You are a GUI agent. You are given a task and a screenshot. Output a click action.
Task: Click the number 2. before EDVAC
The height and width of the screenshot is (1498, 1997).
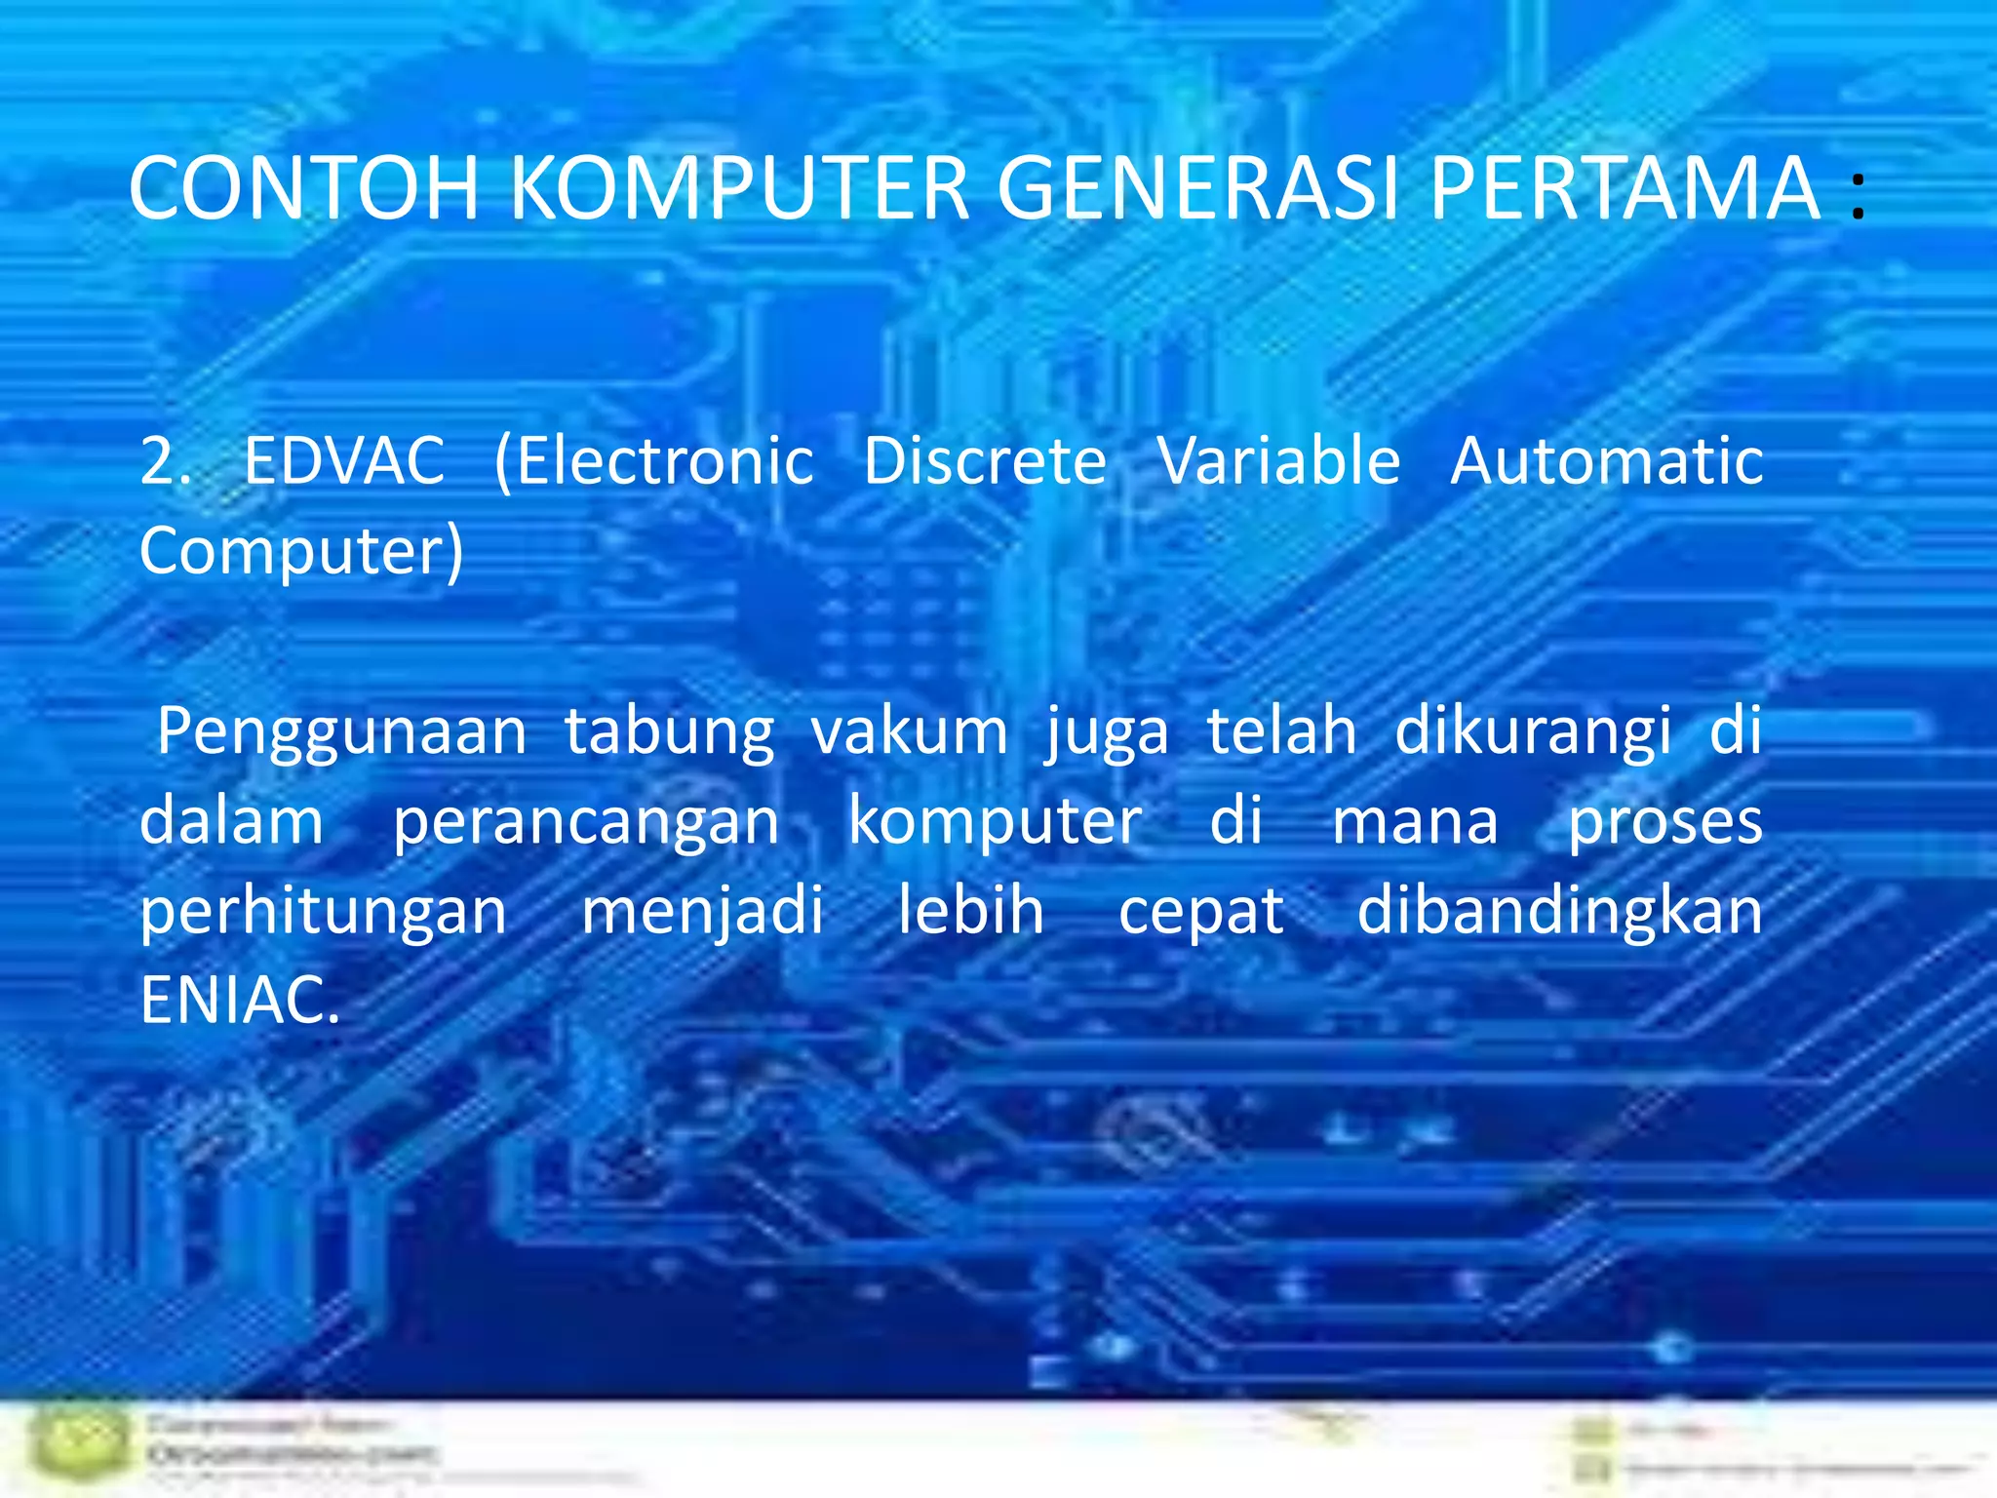[165, 460]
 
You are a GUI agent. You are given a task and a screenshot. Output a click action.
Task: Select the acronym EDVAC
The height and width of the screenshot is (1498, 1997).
[344, 460]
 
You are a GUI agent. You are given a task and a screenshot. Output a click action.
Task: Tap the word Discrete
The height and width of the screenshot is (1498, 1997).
[985, 460]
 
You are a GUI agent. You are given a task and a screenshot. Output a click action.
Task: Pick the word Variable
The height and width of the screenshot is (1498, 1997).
[1278, 460]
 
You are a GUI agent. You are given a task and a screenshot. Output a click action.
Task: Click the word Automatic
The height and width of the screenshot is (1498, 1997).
[1606, 460]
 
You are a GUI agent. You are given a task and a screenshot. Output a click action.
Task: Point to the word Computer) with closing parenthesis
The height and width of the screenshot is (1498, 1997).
[301, 552]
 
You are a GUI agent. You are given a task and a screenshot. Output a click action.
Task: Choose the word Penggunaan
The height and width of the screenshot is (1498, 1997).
[342, 731]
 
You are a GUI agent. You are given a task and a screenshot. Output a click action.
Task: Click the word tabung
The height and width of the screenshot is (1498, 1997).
[670, 731]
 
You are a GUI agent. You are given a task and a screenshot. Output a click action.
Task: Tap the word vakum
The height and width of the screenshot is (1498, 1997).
[910, 731]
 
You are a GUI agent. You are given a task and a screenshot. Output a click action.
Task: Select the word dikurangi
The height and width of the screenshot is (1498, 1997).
[1533, 731]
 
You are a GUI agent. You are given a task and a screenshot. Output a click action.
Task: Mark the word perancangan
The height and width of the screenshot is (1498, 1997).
[586, 821]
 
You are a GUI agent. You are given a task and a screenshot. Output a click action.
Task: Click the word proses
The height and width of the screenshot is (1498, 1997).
[1664, 821]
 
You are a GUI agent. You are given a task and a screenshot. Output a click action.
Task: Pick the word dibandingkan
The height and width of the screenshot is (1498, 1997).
[1559, 911]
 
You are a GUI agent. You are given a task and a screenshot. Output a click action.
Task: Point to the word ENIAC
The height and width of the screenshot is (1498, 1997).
[240, 1001]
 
